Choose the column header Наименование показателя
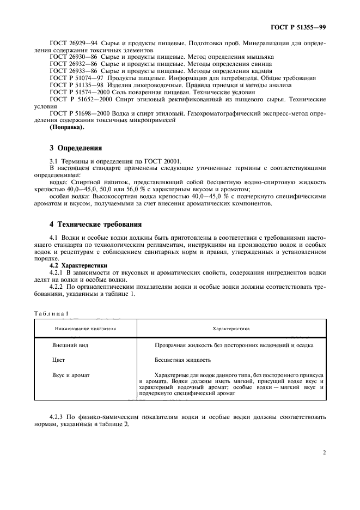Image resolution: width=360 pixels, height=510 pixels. pyautogui.click(x=85, y=329)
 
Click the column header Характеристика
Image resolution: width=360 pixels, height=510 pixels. pyautogui.click(x=231, y=329)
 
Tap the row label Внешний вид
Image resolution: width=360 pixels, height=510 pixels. pyautogui.click(x=70, y=346)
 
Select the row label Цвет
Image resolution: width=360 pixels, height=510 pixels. pyautogui.click(x=59, y=361)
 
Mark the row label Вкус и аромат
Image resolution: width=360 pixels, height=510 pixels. pyautogui.click(x=71, y=375)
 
